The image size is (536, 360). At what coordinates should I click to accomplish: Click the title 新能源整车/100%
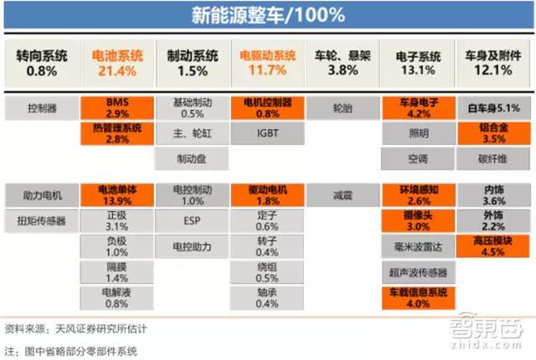(268, 16)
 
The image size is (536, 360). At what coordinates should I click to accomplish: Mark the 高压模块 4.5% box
(493, 246)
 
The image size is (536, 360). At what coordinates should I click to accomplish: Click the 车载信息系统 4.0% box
(418, 297)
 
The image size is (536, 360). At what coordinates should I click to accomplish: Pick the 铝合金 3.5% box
(493, 133)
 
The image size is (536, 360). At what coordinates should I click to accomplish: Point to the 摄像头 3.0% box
(418, 221)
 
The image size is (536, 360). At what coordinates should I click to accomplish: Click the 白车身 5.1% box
(493, 107)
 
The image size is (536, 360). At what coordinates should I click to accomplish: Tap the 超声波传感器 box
(418, 272)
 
